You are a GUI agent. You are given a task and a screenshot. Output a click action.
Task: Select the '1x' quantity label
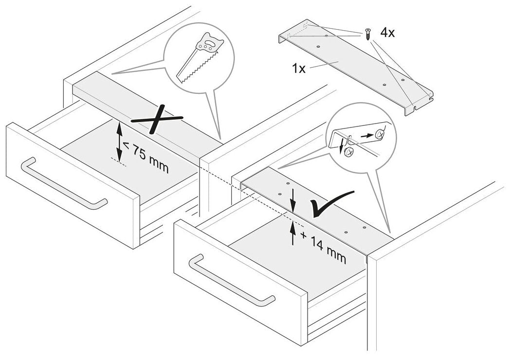point(299,68)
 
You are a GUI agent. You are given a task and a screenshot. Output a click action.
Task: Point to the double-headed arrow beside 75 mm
point(118,142)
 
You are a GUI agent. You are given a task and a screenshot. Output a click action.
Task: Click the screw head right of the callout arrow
point(382,132)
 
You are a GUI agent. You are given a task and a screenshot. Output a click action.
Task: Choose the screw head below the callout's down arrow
point(348,154)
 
